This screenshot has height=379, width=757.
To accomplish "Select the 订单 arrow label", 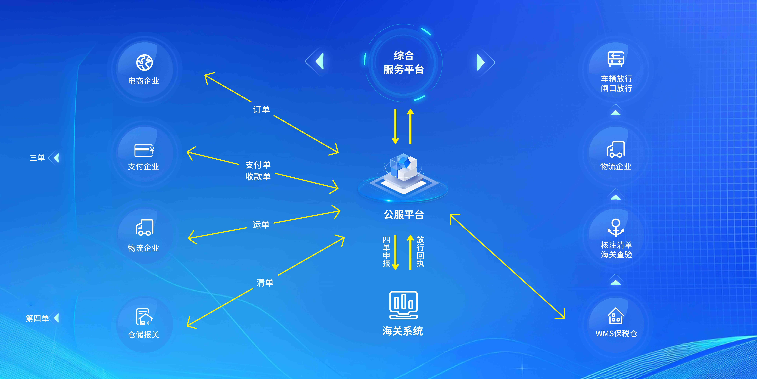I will click(x=261, y=110).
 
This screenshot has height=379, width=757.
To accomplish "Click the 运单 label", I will click(x=261, y=225).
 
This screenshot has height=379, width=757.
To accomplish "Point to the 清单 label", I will click(x=265, y=282).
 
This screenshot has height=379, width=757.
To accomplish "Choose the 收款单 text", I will click(x=258, y=176).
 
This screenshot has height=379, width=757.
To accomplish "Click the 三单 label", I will click(x=37, y=158).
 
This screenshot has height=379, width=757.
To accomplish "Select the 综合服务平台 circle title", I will click(x=404, y=62).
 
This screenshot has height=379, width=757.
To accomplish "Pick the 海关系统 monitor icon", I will click(x=404, y=305).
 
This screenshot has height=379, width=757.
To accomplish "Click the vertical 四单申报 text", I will click(x=386, y=252).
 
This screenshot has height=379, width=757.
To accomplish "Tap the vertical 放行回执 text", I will click(x=420, y=252).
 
